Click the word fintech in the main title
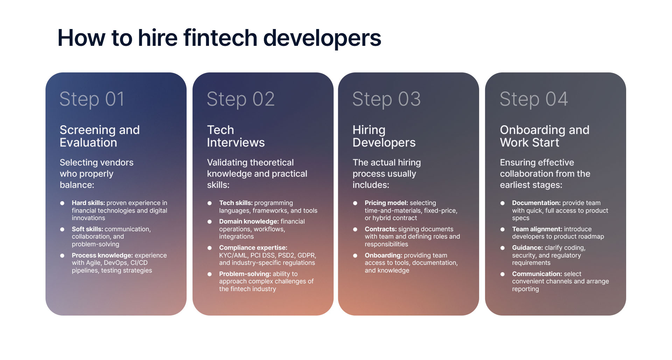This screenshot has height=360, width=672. [x=220, y=38]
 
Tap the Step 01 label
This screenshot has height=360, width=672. [x=92, y=99]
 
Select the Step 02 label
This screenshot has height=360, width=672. [x=240, y=99]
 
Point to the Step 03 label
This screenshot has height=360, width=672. [x=386, y=99]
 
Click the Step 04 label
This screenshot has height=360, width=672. [x=534, y=99]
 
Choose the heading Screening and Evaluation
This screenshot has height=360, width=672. [x=99, y=136]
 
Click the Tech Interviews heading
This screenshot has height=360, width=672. [x=236, y=136]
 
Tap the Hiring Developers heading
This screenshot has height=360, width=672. [x=384, y=136]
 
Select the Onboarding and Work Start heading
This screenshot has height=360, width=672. [x=545, y=136]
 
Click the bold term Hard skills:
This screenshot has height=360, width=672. [x=88, y=203]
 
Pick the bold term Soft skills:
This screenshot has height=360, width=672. [x=87, y=229]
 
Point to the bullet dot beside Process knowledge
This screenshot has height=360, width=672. [x=62, y=256]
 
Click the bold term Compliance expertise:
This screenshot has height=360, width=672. [x=253, y=248]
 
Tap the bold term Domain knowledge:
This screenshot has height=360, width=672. [x=249, y=221]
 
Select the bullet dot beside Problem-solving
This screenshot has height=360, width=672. [x=210, y=274]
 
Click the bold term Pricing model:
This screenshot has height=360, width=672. [x=386, y=203]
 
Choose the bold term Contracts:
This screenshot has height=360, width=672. [x=380, y=229]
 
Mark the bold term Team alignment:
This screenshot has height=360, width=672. [x=537, y=229]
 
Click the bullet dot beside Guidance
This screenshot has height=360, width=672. [x=503, y=248]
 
